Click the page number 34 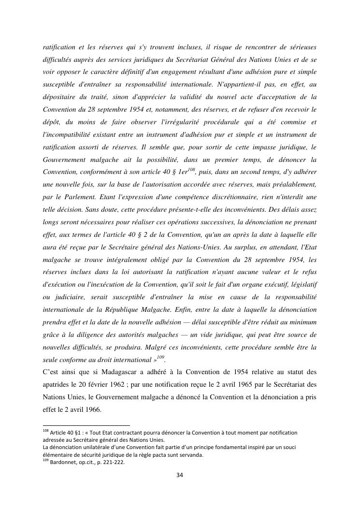(x=180, y=475)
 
